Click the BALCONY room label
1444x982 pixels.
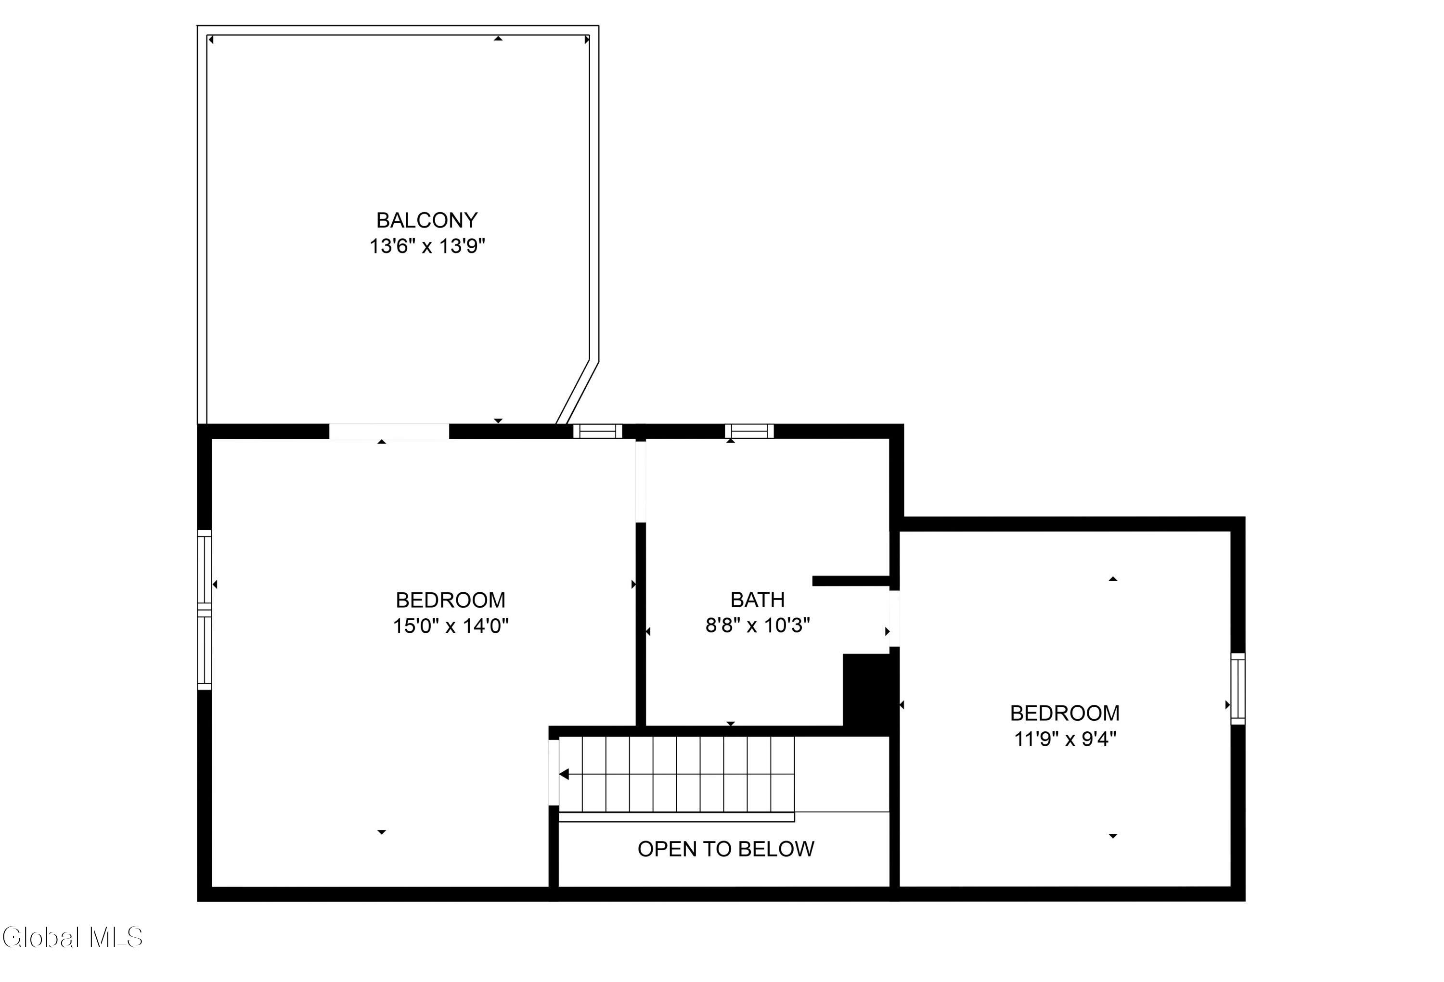coord(427,220)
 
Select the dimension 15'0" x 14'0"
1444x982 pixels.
coord(451,625)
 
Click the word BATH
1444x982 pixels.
coord(758,599)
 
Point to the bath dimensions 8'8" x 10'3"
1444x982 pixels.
coord(758,625)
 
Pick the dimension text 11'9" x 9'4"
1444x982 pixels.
coord(1065,739)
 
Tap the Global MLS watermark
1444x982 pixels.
coord(72,937)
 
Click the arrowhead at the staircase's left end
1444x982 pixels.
coord(564,774)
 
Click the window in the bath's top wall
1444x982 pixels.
coord(749,431)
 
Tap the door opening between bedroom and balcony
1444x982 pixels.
coord(389,431)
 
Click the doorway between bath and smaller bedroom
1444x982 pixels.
coord(895,618)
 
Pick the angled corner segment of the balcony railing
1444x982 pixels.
coord(577,392)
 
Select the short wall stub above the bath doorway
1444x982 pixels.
coord(851,581)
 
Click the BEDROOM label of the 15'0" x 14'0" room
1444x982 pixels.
coord(451,600)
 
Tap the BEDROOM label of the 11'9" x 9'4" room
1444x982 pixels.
coord(1065,713)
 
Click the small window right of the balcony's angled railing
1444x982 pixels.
coord(598,431)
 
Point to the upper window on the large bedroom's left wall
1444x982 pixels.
coord(205,569)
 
